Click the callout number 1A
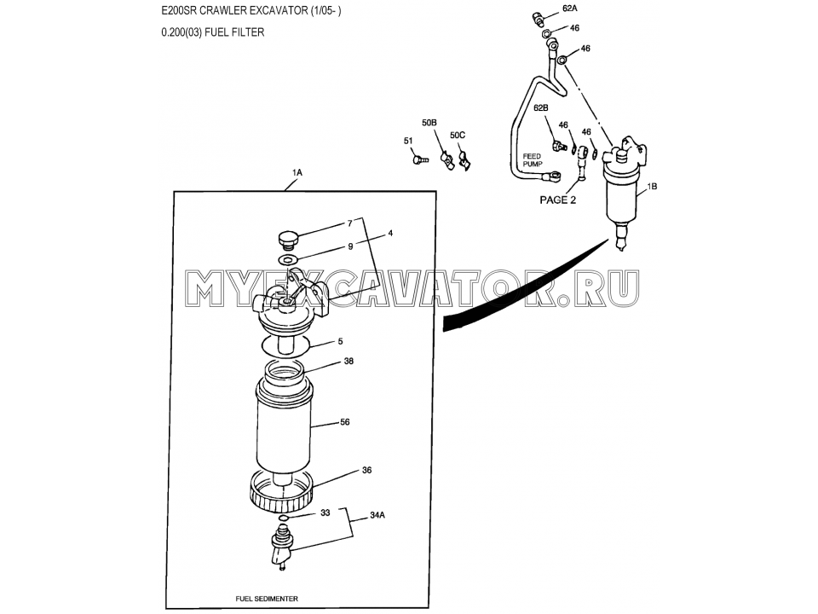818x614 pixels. point(297,172)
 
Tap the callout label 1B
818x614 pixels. point(652,187)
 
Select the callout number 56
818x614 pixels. point(345,422)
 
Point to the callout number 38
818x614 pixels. point(349,361)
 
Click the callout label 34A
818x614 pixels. point(377,515)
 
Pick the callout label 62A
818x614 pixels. point(571,9)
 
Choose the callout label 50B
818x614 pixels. point(429,123)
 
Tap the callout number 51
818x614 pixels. point(408,141)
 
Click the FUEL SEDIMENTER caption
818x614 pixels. point(267,599)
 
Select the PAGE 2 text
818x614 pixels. point(557,200)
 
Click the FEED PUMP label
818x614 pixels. point(533,159)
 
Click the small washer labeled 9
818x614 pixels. point(288,259)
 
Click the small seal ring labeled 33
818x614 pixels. point(283,518)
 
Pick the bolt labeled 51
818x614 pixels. point(420,157)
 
